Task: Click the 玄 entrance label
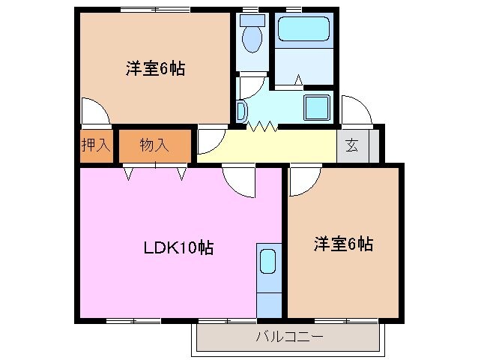click(x=352, y=145)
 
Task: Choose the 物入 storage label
click(x=154, y=145)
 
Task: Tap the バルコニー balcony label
click(x=289, y=337)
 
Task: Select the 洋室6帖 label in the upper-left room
click(x=155, y=69)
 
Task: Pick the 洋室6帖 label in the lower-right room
click(x=343, y=244)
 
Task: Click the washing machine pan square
click(x=317, y=107)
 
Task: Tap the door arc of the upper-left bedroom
click(x=95, y=111)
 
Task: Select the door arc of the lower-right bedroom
click(x=303, y=180)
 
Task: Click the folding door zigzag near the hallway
click(x=263, y=127)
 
